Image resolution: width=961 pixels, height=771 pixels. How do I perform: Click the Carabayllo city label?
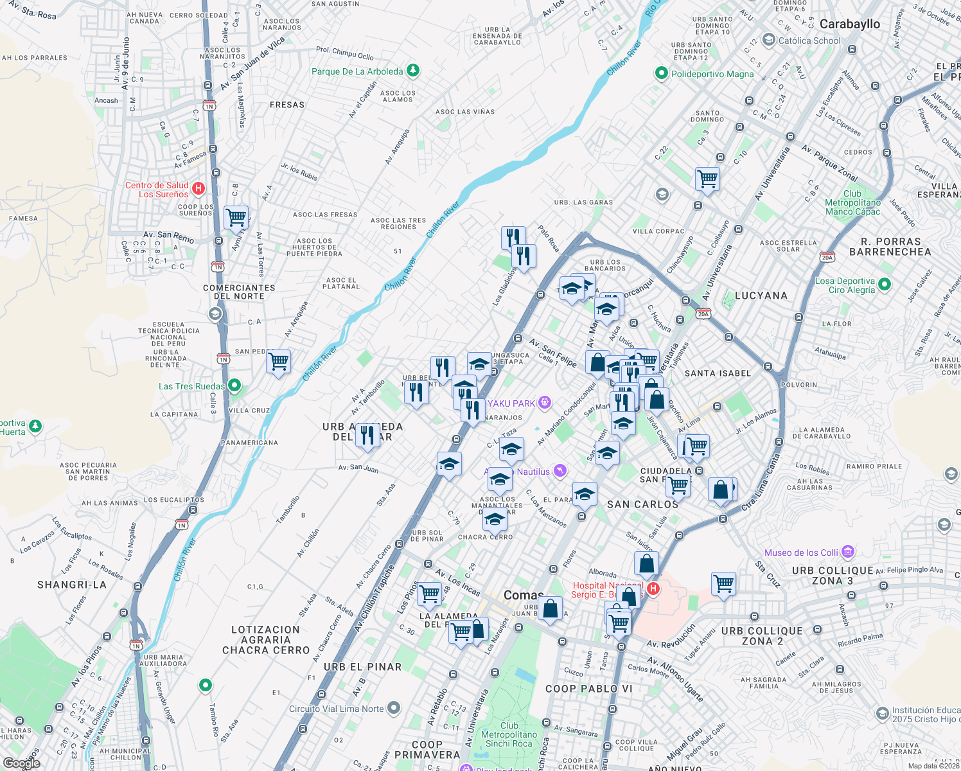click(849, 24)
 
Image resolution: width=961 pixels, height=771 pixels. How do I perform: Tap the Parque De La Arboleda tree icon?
click(413, 70)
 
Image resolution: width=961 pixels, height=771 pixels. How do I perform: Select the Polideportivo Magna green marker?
click(661, 74)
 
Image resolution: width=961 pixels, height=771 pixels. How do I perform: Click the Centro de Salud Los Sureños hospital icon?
click(198, 188)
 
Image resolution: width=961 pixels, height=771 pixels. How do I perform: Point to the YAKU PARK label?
click(511, 403)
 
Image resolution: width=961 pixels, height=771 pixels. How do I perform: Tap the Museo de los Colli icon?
click(848, 552)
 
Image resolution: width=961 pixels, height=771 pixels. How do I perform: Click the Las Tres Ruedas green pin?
click(234, 385)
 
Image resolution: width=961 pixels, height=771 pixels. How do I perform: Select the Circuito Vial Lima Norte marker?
click(394, 708)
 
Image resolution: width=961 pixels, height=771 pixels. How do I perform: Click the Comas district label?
click(523, 595)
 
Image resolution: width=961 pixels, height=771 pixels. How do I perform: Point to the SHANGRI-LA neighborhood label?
click(72, 585)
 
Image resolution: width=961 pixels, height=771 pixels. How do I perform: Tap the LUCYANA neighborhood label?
click(761, 296)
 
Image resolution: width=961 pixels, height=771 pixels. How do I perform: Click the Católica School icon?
click(768, 40)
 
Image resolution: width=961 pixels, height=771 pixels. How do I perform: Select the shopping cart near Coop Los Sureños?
click(236, 217)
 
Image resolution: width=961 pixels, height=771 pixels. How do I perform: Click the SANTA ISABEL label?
click(718, 373)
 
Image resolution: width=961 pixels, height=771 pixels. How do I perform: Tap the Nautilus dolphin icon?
click(560, 472)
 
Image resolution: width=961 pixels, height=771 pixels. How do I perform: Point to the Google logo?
click(21, 763)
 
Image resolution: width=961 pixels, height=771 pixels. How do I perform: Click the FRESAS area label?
click(287, 105)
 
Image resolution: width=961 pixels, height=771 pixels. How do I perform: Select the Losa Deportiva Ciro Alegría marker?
click(885, 284)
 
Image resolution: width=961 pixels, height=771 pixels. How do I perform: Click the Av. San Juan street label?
click(358, 468)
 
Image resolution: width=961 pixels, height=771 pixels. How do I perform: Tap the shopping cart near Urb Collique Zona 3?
click(723, 584)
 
